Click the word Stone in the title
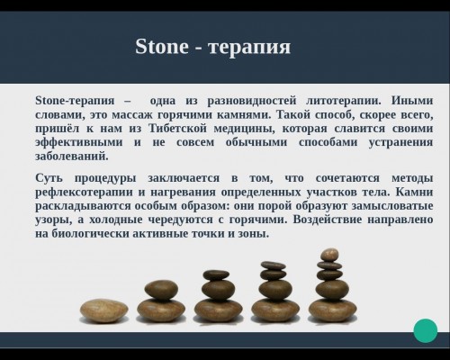click(162, 47)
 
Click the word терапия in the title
click(249, 48)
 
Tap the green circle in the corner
click(426, 330)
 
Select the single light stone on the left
click(103, 310)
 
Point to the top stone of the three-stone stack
click(216, 275)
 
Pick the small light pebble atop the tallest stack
click(329, 255)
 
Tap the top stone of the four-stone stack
click(273, 265)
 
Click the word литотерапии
click(344, 101)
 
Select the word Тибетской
click(178, 129)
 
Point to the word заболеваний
click(72, 157)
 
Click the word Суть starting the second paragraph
click(49, 178)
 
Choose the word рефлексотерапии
click(84, 192)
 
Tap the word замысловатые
click(392, 206)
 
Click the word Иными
click(412, 101)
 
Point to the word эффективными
click(79, 142)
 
